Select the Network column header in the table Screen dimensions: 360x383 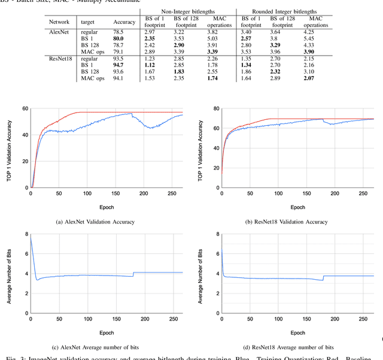59,22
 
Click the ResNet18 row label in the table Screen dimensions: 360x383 60,59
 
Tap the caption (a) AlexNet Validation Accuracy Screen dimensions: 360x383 95,222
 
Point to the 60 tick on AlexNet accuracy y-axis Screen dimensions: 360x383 24,108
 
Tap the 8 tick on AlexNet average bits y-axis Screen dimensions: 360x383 25,234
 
